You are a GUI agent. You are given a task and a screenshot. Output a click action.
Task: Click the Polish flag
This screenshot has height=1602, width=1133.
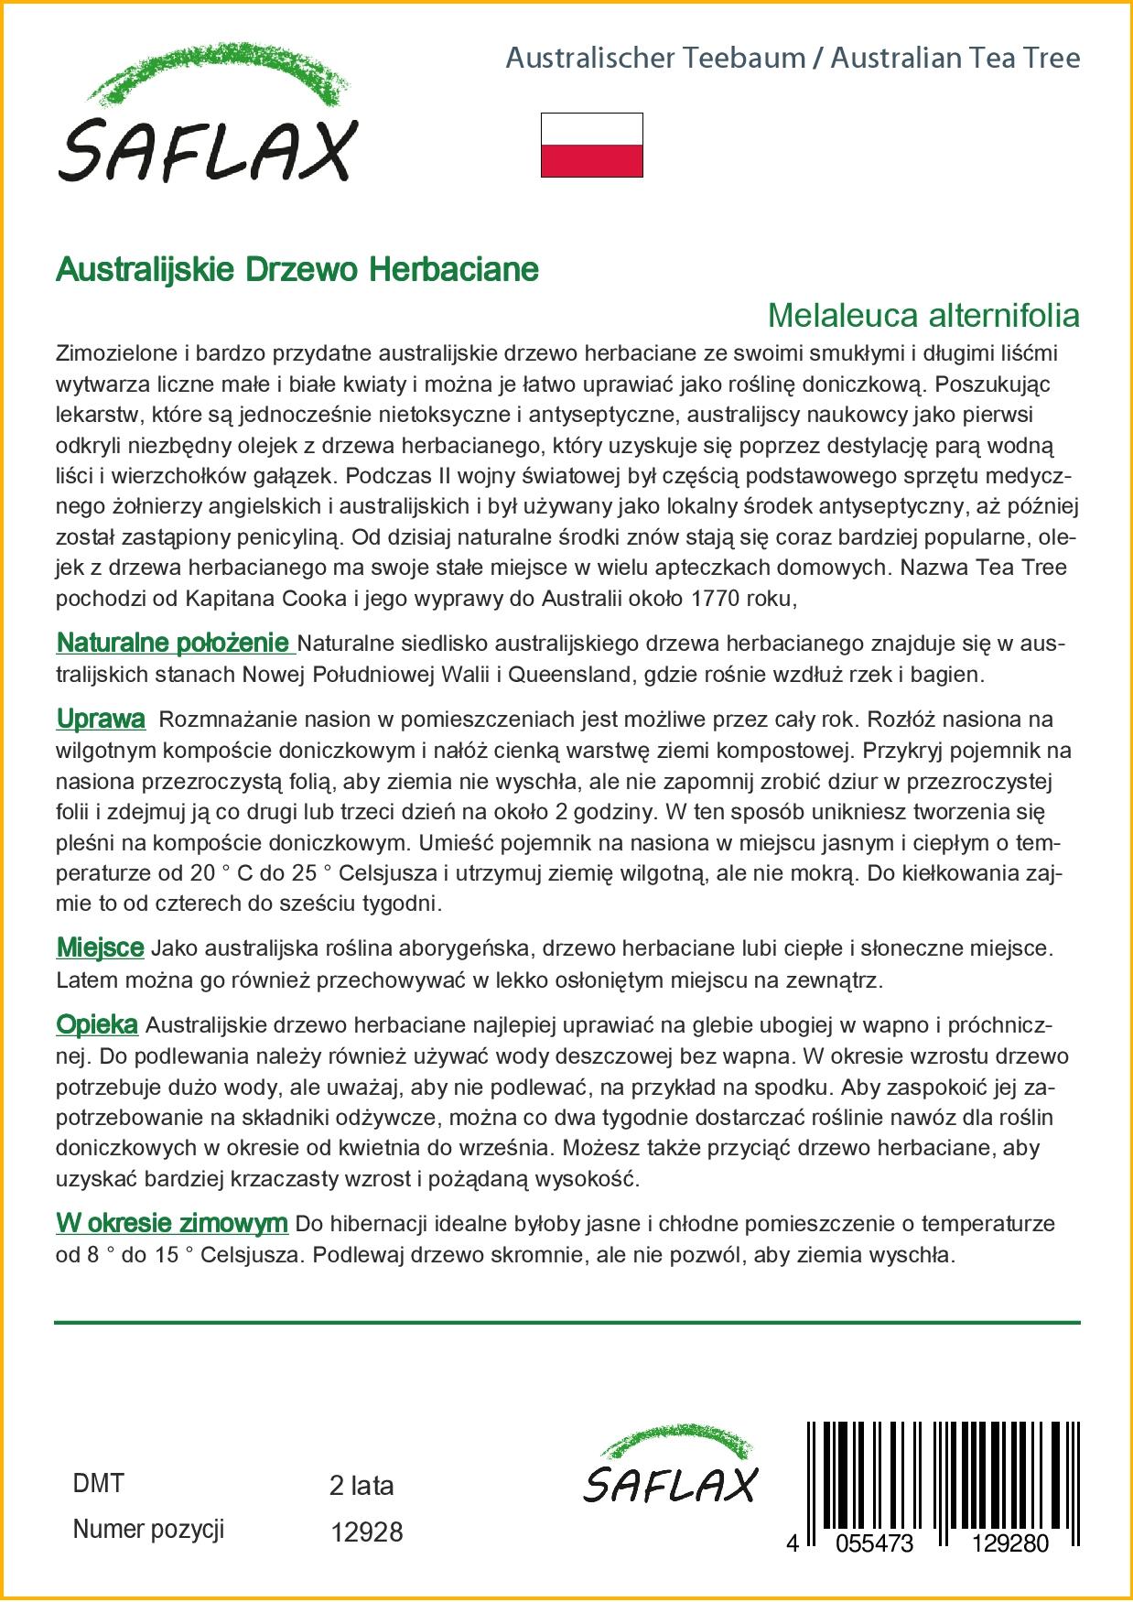click(591, 145)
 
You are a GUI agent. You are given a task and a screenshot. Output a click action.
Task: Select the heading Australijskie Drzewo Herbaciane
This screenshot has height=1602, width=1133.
click(297, 269)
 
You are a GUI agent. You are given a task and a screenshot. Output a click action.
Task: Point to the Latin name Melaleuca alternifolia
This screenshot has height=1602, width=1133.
click(923, 315)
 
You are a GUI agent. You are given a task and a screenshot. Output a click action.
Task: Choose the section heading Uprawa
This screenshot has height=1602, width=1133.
click(101, 720)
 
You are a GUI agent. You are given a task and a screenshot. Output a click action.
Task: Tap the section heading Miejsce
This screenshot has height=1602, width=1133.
click(100, 948)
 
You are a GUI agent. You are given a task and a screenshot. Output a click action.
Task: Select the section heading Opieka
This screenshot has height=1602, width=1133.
click(97, 1025)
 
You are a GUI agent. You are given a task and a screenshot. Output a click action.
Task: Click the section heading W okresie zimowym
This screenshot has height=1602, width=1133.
click(172, 1223)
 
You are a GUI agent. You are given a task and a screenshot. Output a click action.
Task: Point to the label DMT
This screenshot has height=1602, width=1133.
click(98, 1484)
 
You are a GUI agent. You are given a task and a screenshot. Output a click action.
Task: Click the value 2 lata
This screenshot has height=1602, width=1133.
click(361, 1486)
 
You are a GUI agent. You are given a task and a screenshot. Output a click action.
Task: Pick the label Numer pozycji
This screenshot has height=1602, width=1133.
click(148, 1529)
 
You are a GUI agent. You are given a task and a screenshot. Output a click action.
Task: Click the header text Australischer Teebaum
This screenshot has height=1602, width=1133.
click(655, 59)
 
